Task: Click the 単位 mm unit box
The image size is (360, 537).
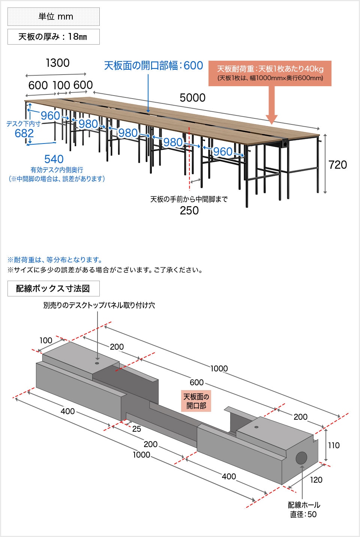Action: coord(54,16)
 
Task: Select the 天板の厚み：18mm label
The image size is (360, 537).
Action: coord(54,37)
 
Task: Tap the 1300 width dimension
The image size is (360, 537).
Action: coord(57,63)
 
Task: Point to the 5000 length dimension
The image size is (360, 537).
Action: coord(192,98)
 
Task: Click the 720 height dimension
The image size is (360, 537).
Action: coord(337,165)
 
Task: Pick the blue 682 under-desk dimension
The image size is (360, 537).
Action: coord(24,133)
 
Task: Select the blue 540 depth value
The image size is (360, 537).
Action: coord(54,159)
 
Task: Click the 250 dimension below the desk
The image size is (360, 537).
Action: coord(189,211)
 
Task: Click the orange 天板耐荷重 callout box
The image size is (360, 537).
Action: coord(270,73)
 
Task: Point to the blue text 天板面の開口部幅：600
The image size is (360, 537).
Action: coord(153,66)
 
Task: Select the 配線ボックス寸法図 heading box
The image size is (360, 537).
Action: coord(53,289)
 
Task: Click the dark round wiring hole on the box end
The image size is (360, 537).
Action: coord(301,458)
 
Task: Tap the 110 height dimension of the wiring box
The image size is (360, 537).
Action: coord(333,446)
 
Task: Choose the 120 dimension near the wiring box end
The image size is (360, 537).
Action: coord(316,480)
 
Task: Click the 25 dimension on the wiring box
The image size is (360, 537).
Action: coord(136,429)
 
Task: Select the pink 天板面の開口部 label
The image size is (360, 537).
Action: coord(196,401)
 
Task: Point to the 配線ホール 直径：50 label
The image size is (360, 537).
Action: coord(303,510)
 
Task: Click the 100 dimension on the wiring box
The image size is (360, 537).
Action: coord(46,340)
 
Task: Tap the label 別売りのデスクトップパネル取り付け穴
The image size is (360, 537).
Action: coord(99,305)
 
